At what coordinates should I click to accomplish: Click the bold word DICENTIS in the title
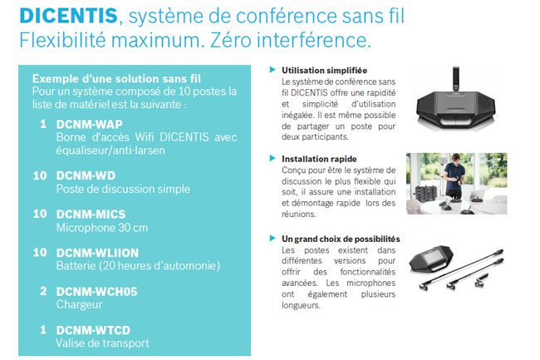tap(68, 16)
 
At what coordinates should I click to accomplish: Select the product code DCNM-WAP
tap(89, 125)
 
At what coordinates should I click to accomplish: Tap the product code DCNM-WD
tap(86, 175)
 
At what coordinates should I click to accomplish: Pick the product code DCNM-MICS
tap(91, 215)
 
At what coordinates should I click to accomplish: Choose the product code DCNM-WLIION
tap(97, 253)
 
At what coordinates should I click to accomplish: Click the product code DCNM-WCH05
tap(96, 292)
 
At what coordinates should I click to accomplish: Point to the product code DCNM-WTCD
tap(93, 330)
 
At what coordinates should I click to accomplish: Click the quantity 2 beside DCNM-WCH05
tap(43, 292)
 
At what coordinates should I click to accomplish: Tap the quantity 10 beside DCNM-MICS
tap(40, 214)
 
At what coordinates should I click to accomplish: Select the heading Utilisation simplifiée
tap(324, 71)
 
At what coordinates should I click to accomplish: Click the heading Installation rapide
tap(319, 159)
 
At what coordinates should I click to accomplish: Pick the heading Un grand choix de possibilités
tap(341, 239)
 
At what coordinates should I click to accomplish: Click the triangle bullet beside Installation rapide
tap(272, 158)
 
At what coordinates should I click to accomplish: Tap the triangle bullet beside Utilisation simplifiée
tap(272, 70)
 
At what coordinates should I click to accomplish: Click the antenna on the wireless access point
tap(455, 79)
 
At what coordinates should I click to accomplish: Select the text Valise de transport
tap(103, 343)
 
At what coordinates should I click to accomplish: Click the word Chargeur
tap(79, 304)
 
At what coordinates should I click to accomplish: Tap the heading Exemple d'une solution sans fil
tap(116, 79)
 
